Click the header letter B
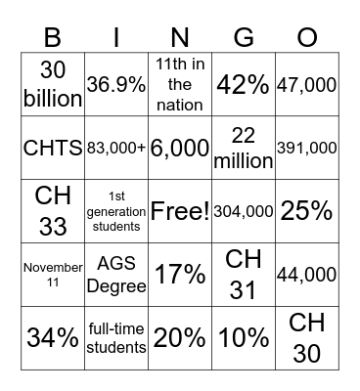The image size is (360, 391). pyautogui.click(x=52, y=38)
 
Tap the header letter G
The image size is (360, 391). pyautogui.click(x=244, y=38)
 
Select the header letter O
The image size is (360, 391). pyautogui.click(x=307, y=38)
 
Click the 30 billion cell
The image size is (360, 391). pyautogui.click(x=53, y=85)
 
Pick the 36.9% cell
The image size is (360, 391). pyautogui.click(x=116, y=85)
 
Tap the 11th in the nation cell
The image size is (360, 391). pyautogui.click(x=180, y=85)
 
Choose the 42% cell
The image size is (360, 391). pyautogui.click(x=244, y=85)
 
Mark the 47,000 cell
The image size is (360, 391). pyautogui.click(x=307, y=85)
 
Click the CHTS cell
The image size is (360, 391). pyautogui.click(x=53, y=149)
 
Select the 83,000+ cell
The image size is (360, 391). pyautogui.click(x=116, y=149)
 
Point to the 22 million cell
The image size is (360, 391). pyautogui.click(x=244, y=149)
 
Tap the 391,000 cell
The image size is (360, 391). pyautogui.click(x=307, y=149)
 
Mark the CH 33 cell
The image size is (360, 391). pyautogui.click(x=53, y=211)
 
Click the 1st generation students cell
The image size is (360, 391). pyautogui.click(x=116, y=211)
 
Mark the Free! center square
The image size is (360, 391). pyautogui.click(x=180, y=211)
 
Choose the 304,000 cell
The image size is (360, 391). pyautogui.click(x=244, y=211)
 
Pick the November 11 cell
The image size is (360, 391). pyautogui.click(x=53, y=275)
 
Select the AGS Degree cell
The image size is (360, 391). pyautogui.click(x=116, y=275)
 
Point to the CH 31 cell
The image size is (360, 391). pyautogui.click(x=244, y=275)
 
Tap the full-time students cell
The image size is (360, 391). pyautogui.click(x=116, y=338)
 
